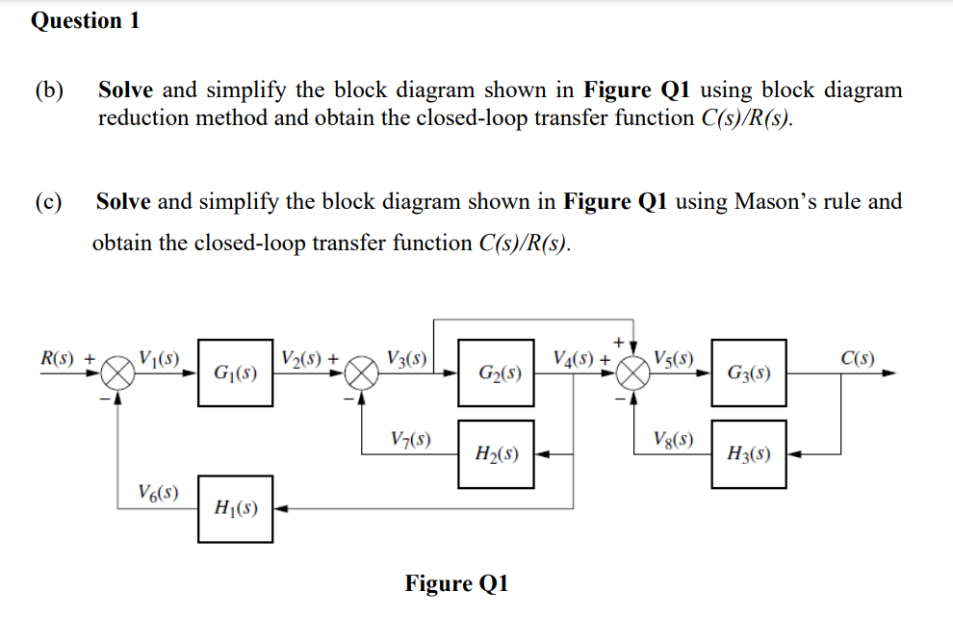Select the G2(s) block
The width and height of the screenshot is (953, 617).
[x=497, y=373]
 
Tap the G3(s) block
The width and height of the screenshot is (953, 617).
[x=748, y=373]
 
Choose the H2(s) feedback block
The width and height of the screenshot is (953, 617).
[x=497, y=453]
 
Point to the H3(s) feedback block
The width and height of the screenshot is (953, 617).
[x=748, y=453]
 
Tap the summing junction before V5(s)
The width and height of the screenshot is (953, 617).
[x=633, y=373]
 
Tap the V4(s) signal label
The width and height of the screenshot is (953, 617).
[x=576, y=359]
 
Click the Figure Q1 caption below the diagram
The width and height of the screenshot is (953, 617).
[x=456, y=583]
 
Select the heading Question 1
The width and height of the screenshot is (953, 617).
[x=86, y=21]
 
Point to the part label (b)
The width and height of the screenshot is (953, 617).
[x=50, y=91]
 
